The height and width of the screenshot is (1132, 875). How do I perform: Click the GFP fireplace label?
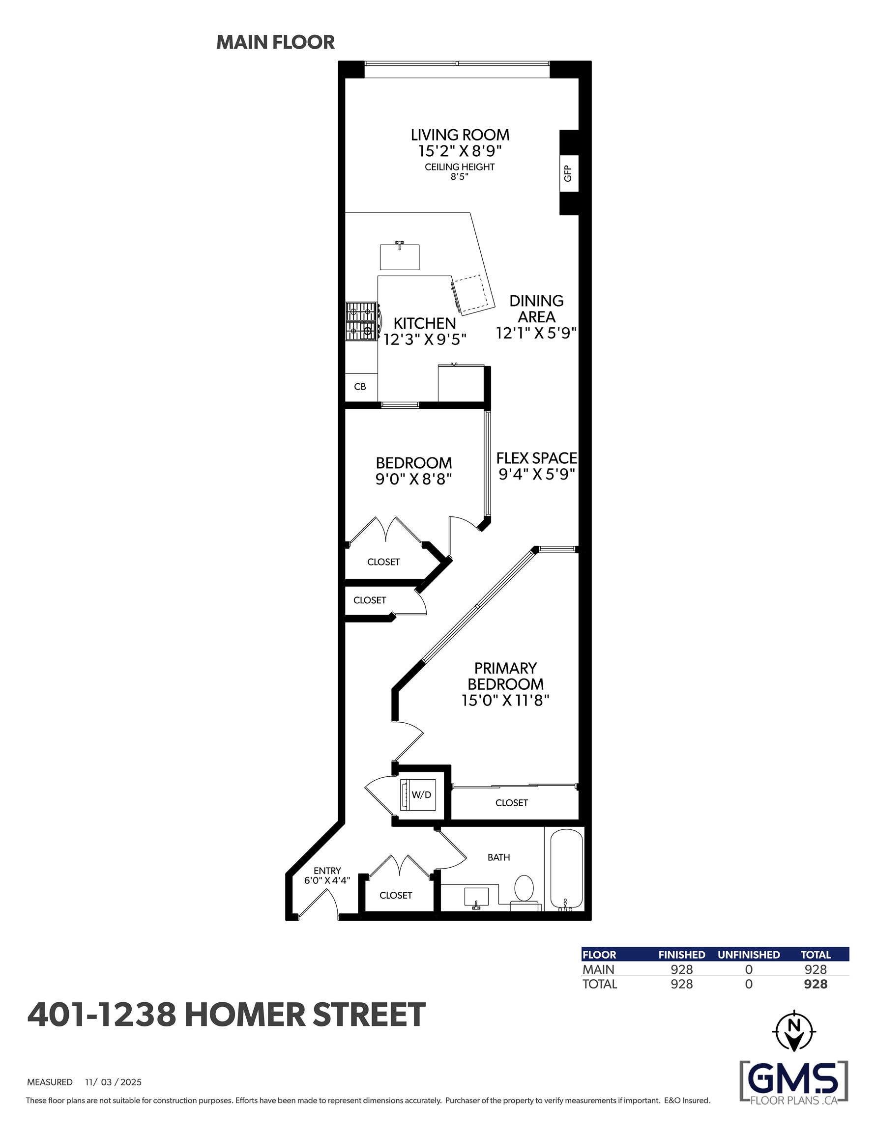click(x=568, y=173)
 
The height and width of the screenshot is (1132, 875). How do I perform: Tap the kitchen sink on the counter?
click(x=399, y=256)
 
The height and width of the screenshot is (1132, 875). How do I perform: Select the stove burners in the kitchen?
click(x=361, y=321)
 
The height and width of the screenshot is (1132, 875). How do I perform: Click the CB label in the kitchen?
click(x=360, y=387)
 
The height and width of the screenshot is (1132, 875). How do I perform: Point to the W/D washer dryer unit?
click(x=417, y=794)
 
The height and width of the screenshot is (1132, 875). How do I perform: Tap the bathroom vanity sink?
click(x=477, y=897)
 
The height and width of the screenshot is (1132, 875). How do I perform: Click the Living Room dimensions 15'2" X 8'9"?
click(x=460, y=151)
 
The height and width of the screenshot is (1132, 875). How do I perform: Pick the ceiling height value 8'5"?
click(x=460, y=177)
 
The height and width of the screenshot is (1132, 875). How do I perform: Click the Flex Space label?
click(x=537, y=458)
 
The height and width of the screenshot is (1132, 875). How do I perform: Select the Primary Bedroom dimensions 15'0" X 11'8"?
click(x=505, y=700)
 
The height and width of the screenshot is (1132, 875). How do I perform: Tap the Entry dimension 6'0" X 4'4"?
click(x=327, y=880)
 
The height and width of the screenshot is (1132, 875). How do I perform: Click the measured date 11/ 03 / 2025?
click(x=113, y=1082)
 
